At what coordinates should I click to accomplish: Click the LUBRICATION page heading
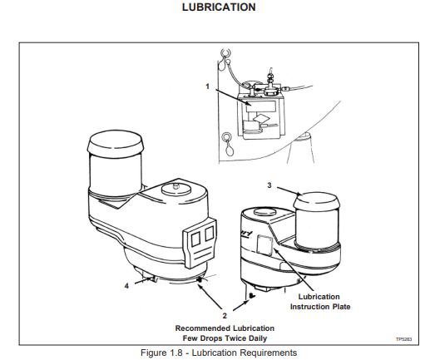[x=219, y=7]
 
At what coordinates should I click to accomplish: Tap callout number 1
[x=207, y=86]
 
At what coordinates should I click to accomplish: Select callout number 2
[x=225, y=316]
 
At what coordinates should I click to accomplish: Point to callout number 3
[x=269, y=185]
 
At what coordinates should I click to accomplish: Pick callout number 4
[x=126, y=286]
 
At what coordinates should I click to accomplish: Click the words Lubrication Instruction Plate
[x=320, y=302]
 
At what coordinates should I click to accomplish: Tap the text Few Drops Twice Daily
[x=225, y=338]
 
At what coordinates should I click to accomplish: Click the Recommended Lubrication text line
[x=225, y=328]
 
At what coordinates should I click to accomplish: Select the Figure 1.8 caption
[x=219, y=353]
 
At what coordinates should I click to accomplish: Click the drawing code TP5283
[x=403, y=339]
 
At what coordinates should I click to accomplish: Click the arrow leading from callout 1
[x=234, y=97]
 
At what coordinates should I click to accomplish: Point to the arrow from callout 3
[x=289, y=191]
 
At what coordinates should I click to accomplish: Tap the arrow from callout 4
[x=143, y=281]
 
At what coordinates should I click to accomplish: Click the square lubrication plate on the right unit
[x=265, y=244]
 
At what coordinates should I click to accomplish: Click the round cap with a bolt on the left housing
[x=176, y=190]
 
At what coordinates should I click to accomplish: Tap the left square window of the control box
[x=195, y=239]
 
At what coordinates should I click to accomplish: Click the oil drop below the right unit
[x=252, y=296]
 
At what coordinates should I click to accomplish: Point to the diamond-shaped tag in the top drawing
[x=261, y=118]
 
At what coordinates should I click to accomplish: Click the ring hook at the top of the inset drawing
[x=225, y=52]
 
